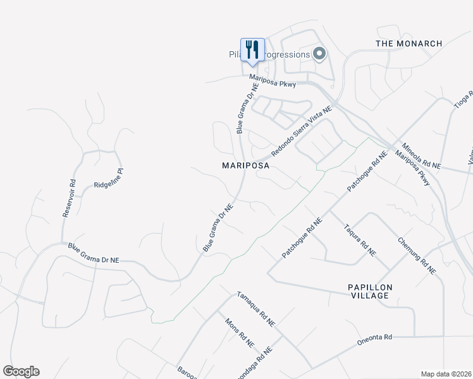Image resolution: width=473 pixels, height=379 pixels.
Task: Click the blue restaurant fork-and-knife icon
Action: coord(252,50)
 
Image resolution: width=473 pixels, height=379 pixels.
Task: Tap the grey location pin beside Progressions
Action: coord(319,54)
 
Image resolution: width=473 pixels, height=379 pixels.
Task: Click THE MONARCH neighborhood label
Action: coord(409,44)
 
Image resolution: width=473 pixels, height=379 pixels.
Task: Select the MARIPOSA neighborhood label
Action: coord(246,165)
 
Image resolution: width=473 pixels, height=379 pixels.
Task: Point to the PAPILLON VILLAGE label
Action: coord(371,292)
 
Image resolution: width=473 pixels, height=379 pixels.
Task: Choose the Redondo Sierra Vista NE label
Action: coord(302,132)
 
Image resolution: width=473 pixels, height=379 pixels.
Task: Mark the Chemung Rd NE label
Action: coord(417,255)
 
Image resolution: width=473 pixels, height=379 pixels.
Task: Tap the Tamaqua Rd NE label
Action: coord(256,308)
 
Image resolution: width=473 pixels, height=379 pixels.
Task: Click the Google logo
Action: coord(21,371)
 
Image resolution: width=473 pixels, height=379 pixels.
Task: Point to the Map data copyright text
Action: coord(446,374)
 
